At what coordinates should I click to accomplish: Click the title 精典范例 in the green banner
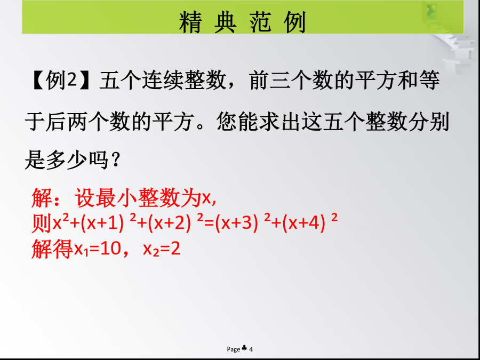[x=243, y=22]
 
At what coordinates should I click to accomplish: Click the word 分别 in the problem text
[x=429, y=122]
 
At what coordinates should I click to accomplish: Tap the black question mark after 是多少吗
[x=116, y=161]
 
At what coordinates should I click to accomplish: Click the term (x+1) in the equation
[x=102, y=224]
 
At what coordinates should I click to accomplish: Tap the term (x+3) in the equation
[x=236, y=224]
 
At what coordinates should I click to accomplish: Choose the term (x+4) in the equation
[x=303, y=224]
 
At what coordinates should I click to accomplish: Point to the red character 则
[x=42, y=224]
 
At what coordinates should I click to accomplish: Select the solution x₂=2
[x=162, y=250]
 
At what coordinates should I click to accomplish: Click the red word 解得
[x=52, y=249]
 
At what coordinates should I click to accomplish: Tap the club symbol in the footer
[x=244, y=348]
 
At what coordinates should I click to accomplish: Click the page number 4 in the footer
[x=251, y=349]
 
